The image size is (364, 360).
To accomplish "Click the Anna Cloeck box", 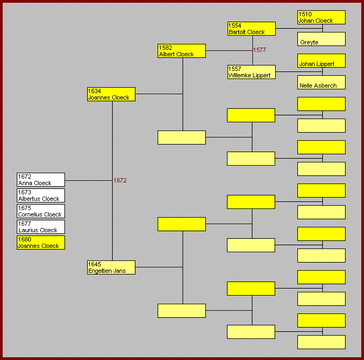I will click(x=41, y=180).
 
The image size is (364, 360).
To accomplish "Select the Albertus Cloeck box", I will click(x=41, y=195).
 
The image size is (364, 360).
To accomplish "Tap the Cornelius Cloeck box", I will click(x=41, y=211).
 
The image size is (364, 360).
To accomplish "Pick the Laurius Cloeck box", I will click(x=41, y=227).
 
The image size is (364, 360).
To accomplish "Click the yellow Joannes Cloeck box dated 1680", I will click(x=41, y=243).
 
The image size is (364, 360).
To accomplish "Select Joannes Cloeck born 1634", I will click(x=111, y=94).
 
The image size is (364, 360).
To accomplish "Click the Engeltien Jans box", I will click(x=111, y=267).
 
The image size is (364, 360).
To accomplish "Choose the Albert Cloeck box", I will click(x=181, y=51).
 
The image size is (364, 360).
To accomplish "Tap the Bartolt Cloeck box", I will click(x=251, y=29).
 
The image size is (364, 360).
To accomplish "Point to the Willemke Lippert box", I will click(x=251, y=72).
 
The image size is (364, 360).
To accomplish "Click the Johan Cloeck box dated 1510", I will click(x=321, y=17).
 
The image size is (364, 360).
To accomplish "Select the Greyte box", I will click(x=321, y=40).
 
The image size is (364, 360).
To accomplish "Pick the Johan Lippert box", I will click(x=321, y=61).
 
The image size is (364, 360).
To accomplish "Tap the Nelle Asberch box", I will click(x=321, y=83).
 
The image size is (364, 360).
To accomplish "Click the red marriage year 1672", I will click(x=120, y=180).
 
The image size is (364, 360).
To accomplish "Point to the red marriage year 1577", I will click(x=259, y=50).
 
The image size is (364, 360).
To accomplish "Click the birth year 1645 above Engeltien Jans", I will click(x=94, y=264).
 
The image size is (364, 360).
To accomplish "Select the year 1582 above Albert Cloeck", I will click(x=165, y=48).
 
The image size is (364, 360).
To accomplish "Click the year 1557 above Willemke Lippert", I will click(x=235, y=69).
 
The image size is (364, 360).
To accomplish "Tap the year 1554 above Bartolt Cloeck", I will click(x=235, y=25).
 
